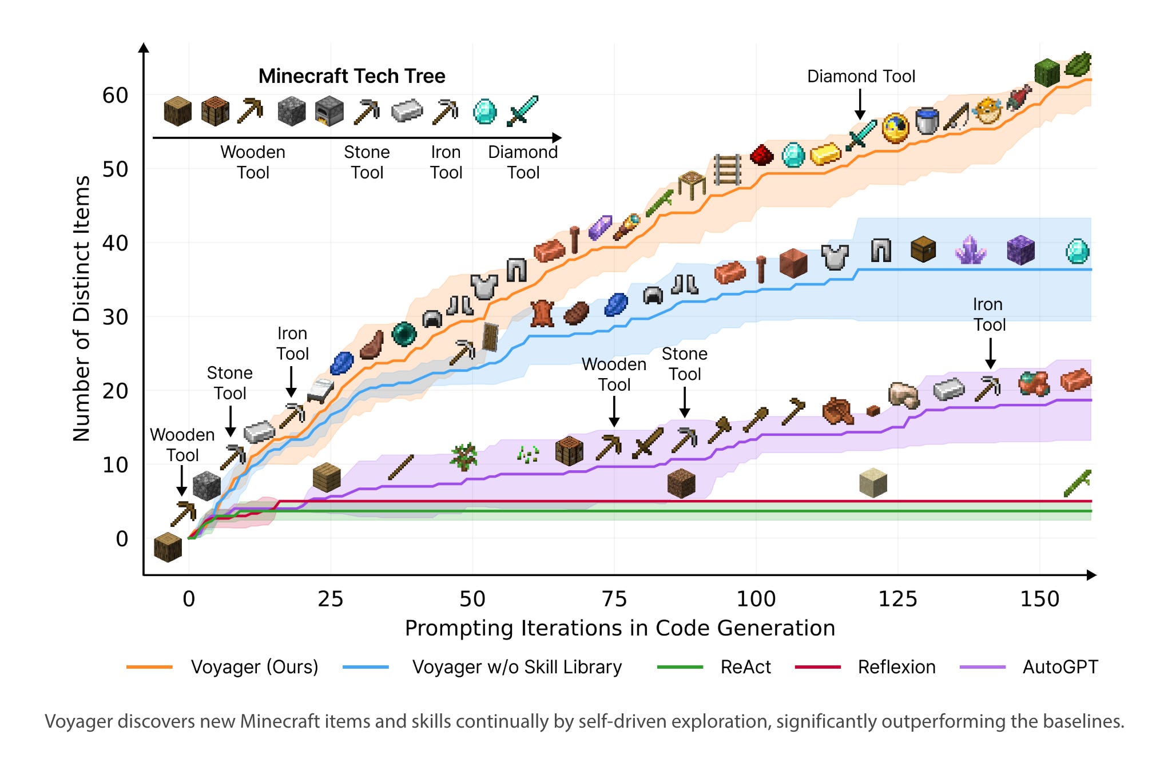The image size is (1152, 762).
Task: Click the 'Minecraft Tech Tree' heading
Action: click(351, 76)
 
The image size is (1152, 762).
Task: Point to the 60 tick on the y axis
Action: click(115, 95)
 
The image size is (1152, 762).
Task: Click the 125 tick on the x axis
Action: click(897, 599)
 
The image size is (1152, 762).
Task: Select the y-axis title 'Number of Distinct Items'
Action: click(82, 308)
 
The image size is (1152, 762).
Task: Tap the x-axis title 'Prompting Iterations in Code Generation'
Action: click(619, 628)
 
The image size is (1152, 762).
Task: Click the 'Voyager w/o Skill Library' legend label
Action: click(517, 667)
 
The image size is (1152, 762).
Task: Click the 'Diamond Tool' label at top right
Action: click(861, 76)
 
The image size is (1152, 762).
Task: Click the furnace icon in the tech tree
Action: click(329, 111)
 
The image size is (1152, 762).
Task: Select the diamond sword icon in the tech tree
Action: click(522, 111)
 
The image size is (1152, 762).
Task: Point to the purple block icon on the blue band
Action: click(1020, 250)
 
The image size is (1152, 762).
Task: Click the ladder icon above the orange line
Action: click(727, 169)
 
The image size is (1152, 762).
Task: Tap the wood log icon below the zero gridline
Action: click(168, 547)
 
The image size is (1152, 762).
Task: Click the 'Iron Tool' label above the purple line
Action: click(989, 314)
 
